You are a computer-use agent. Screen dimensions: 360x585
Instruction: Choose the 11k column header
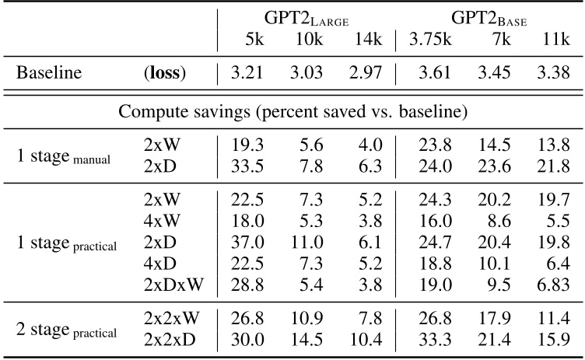tap(554, 40)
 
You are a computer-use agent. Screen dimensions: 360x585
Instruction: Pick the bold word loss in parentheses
tap(165, 75)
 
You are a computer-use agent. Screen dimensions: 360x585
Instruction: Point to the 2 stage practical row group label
tap(67, 331)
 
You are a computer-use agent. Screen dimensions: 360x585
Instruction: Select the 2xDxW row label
tap(173, 284)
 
